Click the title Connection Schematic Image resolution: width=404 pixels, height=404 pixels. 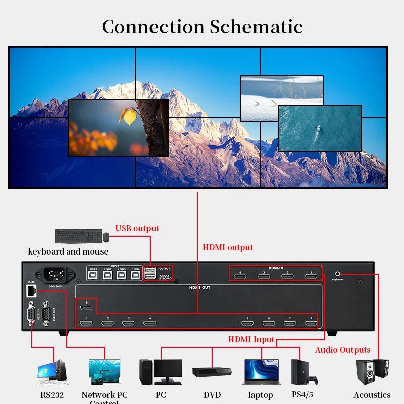click(x=202, y=26)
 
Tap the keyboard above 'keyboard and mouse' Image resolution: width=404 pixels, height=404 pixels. click(x=77, y=236)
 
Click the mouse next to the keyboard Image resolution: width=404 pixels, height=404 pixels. click(x=106, y=236)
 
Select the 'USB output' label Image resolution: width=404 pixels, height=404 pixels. click(x=137, y=228)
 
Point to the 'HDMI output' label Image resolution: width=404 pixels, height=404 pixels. click(x=228, y=247)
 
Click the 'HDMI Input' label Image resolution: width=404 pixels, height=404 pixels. click(x=251, y=339)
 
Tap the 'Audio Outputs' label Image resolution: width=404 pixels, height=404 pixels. click(x=342, y=350)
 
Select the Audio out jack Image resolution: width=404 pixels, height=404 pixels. click(x=338, y=271)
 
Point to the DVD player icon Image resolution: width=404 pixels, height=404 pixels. click(x=212, y=372)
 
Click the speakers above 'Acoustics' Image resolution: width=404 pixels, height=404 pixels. click(x=372, y=373)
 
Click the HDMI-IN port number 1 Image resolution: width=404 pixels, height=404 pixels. click(x=311, y=276)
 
